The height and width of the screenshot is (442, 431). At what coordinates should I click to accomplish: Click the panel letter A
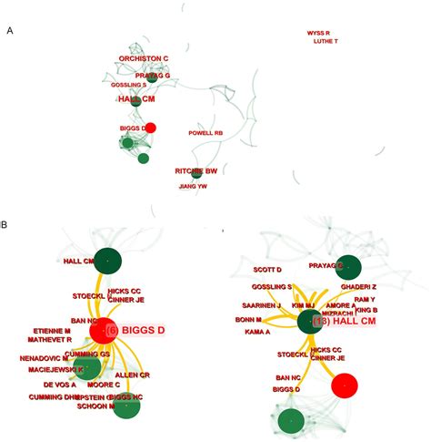(9, 30)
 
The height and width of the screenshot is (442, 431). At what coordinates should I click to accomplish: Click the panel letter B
(7, 222)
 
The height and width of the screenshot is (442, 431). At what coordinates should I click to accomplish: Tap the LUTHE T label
(325, 42)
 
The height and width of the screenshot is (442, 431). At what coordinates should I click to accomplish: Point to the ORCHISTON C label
(144, 58)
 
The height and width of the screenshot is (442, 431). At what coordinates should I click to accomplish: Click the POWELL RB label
(205, 133)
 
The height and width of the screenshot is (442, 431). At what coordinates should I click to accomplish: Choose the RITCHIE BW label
(196, 171)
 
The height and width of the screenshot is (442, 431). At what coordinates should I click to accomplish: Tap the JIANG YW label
(193, 186)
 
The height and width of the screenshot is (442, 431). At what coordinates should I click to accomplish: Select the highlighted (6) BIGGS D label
(135, 329)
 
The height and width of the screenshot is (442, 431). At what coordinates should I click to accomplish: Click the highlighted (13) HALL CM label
(346, 321)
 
